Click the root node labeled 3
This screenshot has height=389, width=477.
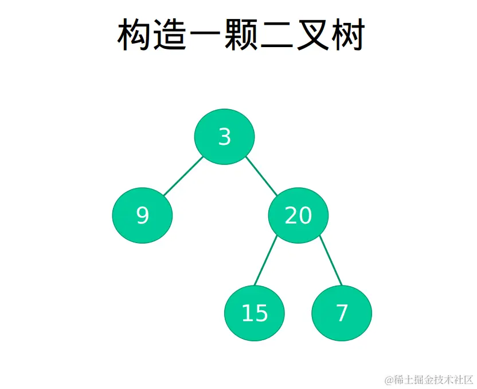pyautogui.click(x=224, y=137)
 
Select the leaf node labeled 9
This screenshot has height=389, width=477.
pyautogui.click(x=142, y=215)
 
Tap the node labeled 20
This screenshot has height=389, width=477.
pyautogui.click(x=298, y=215)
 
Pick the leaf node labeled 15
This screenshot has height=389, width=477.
pyautogui.click(x=255, y=313)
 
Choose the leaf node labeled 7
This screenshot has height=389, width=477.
pyautogui.click(x=342, y=313)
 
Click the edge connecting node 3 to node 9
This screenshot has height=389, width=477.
pyautogui.click(x=183, y=176)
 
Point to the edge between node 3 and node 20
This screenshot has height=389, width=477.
pyautogui.click(x=262, y=176)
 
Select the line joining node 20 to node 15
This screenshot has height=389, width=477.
pyautogui.click(x=265, y=261)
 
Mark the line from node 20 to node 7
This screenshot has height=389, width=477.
pyautogui.click(x=331, y=261)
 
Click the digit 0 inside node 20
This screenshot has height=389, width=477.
pyautogui.click(x=305, y=215)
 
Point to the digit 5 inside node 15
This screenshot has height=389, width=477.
pyautogui.click(x=261, y=313)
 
